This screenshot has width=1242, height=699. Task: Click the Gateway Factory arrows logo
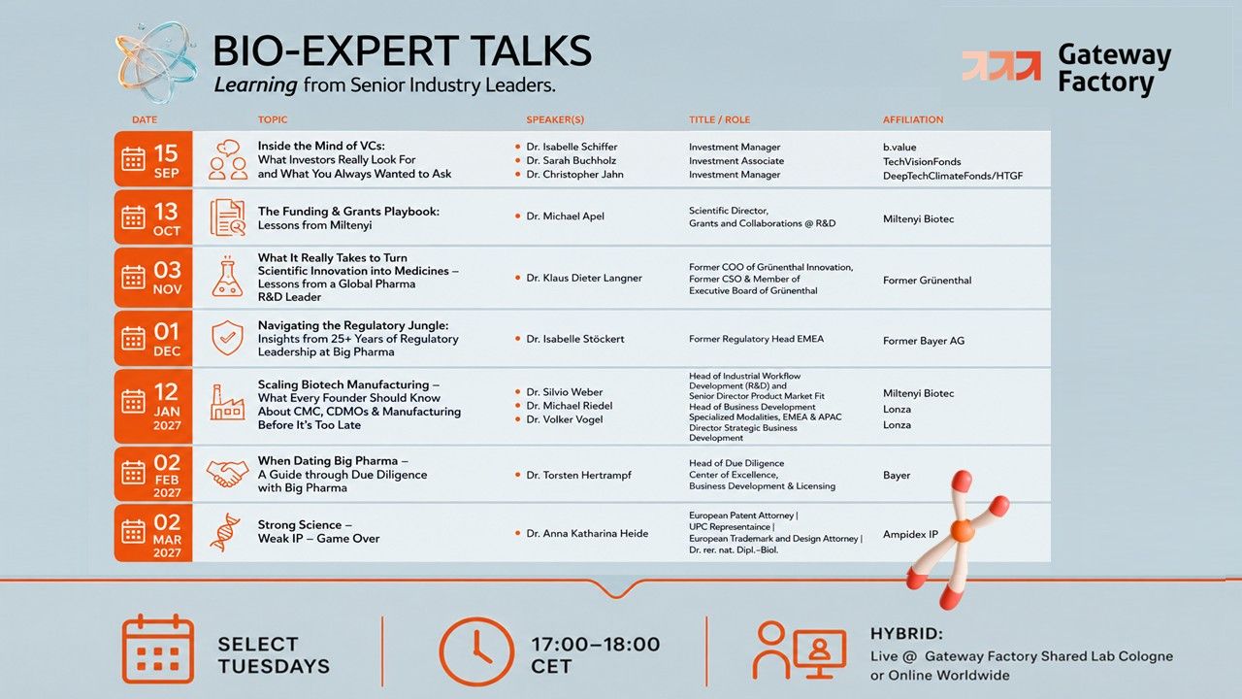coord(1000,65)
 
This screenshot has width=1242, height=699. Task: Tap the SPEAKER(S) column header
coord(555,119)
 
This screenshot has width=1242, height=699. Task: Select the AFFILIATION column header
coord(913,119)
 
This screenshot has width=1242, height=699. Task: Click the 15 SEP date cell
coord(153,158)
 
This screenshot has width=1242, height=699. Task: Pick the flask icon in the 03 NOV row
coord(227,277)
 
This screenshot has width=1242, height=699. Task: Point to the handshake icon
coord(227,474)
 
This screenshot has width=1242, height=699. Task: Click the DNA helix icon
coord(226,532)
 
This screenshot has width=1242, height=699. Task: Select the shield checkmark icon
coord(227,337)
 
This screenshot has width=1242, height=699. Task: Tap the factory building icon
coord(227,402)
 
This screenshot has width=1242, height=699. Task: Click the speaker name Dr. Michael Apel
coord(565,216)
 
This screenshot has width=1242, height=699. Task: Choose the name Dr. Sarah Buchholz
coord(572,160)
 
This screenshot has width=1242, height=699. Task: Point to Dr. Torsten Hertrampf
coord(578,475)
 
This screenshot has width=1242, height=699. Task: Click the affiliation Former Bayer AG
coord(924,341)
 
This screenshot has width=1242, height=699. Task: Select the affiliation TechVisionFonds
coord(922,161)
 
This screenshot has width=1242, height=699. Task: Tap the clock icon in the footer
coord(476,651)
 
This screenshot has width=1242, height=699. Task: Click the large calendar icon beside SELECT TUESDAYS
coord(158,649)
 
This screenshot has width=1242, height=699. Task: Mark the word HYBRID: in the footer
coord(906,634)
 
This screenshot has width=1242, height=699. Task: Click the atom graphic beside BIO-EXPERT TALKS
coord(157,63)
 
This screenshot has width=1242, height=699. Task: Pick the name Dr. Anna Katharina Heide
coord(587,533)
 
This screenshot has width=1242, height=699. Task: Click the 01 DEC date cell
coord(153,339)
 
